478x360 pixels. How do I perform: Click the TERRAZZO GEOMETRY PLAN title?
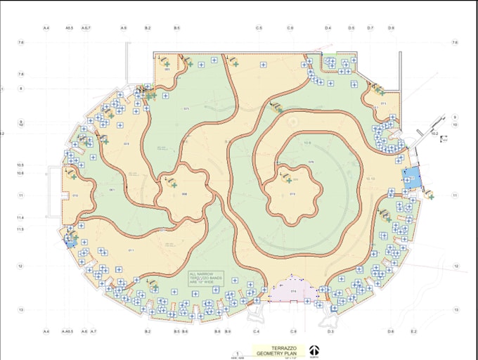tap(276, 349)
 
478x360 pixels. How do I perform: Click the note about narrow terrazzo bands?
tap(205, 278)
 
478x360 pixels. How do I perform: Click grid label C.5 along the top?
tap(259, 28)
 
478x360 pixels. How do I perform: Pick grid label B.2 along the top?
tap(148, 28)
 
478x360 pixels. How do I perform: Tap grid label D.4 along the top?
tap(328, 28)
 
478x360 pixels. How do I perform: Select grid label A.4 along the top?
tap(46, 28)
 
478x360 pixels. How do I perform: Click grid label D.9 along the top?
tap(391, 28)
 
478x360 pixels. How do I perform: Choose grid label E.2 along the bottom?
tap(413, 330)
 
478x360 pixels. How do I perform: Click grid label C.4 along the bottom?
tap(257, 330)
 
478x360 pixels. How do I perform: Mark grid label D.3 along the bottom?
tap(330, 330)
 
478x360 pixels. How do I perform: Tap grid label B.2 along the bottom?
tap(148, 330)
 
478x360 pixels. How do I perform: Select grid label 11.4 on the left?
tap(21, 218)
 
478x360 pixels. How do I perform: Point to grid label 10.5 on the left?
tap(21, 165)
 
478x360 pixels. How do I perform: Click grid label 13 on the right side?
tap(456, 309)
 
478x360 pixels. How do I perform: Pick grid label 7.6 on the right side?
tap(454, 43)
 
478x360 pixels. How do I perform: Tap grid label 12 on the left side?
tap(21, 266)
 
